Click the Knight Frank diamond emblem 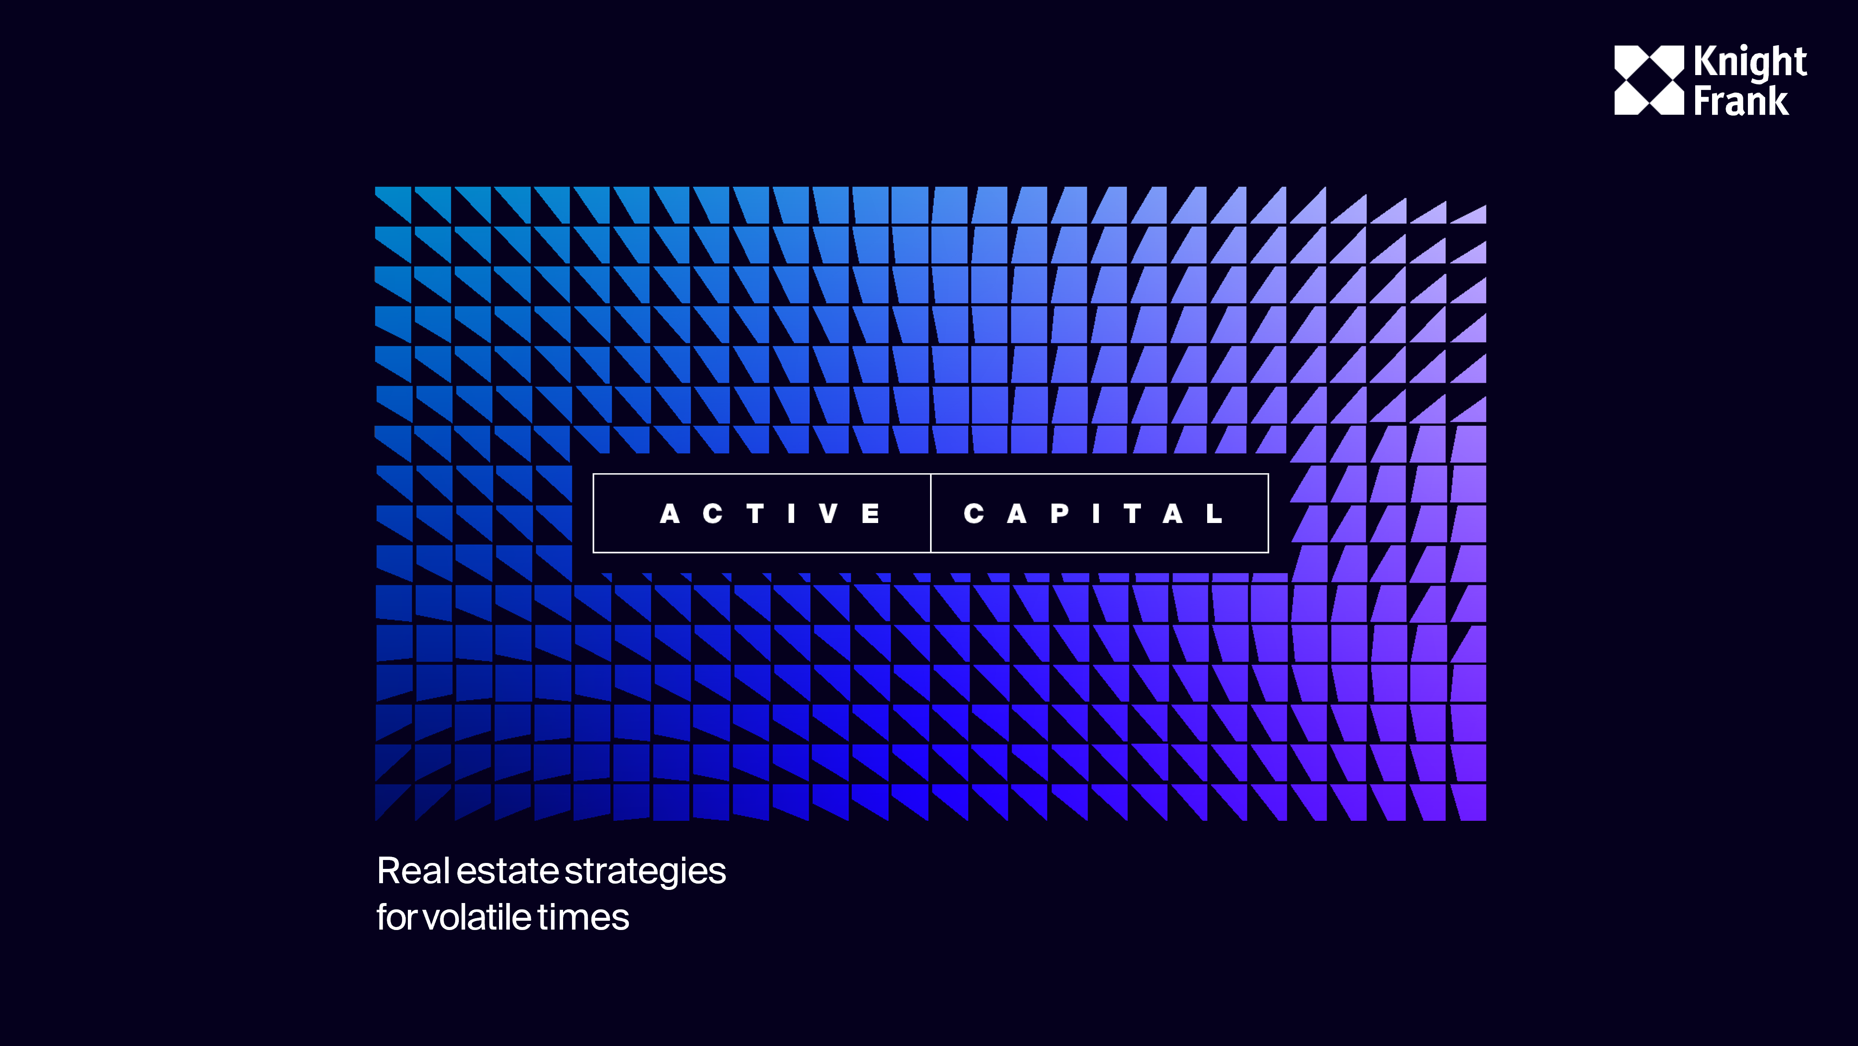[x=1649, y=80]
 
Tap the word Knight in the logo [x=1750, y=62]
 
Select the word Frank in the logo [x=1740, y=100]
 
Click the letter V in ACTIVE [x=829, y=514]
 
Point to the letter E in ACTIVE [x=871, y=514]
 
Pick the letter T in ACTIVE [x=755, y=514]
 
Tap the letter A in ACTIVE [x=670, y=514]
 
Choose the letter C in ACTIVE [x=712, y=514]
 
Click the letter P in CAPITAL [x=1060, y=514]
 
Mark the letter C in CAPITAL [x=974, y=514]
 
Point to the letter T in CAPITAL [x=1133, y=514]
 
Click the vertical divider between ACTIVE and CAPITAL [x=930, y=514]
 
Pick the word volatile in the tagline [x=476, y=918]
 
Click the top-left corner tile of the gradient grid [x=393, y=205]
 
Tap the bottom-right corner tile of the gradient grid [x=1469, y=802]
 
